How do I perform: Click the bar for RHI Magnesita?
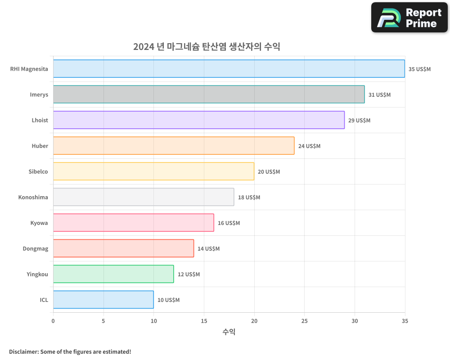click(229, 69)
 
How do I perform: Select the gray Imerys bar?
click(209, 94)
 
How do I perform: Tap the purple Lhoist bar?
click(198, 120)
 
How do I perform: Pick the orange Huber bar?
click(174, 146)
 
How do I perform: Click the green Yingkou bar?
click(113, 274)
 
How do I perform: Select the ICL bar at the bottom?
click(103, 300)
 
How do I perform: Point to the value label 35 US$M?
click(419, 69)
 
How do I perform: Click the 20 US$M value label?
click(269, 172)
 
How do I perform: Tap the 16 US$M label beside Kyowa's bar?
click(229, 223)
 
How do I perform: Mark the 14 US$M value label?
click(208, 249)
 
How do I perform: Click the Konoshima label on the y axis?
click(33, 197)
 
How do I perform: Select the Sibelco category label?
click(38, 171)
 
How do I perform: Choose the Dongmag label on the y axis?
click(35, 248)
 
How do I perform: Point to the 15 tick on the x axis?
click(204, 321)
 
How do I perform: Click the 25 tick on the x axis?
click(304, 321)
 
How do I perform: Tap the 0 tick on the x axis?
click(53, 321)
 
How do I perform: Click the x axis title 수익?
click(229, 332)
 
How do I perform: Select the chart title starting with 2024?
click(207, 46)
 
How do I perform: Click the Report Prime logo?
click(409, 18)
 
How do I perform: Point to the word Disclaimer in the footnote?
click(23, 351)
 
